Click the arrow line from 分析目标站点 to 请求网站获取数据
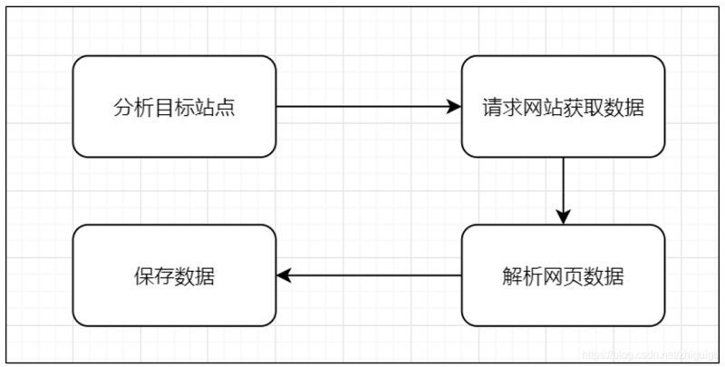click(x=362, y=106)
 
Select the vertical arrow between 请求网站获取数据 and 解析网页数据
click(x=563, y=186)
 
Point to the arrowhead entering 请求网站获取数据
click(x=455, y=106)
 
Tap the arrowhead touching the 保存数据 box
click(x=284, y=275)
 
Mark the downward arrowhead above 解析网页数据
click(x=563, y=217)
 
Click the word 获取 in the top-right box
click(x=584, y=107)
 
